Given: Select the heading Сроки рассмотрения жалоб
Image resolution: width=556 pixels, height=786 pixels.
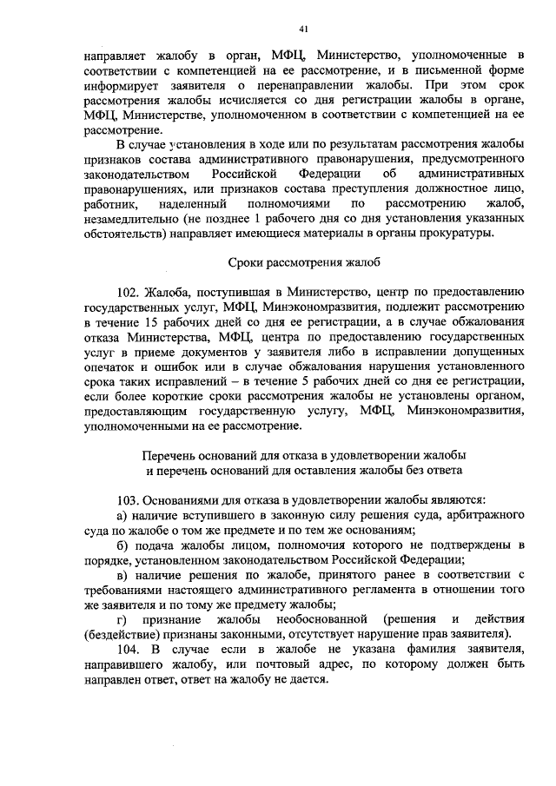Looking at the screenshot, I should tap(304, 261).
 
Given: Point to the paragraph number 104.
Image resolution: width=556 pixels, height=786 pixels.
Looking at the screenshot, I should tap(128, 649).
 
